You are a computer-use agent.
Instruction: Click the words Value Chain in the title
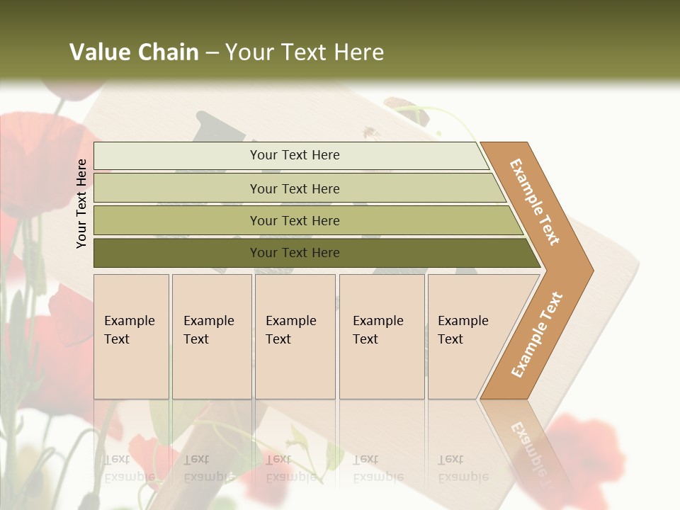click(x=134, y=52)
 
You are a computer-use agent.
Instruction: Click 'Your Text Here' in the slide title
click(x=305, y=52)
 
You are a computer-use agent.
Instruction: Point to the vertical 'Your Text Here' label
click(x=81, y=203)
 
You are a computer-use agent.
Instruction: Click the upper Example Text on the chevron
click(x=535, y=202)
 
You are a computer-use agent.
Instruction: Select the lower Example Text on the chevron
click(x=536, y=335)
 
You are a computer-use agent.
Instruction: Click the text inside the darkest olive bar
click(x=295, y=253)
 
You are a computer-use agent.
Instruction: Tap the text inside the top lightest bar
click(x=295, y=155)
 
